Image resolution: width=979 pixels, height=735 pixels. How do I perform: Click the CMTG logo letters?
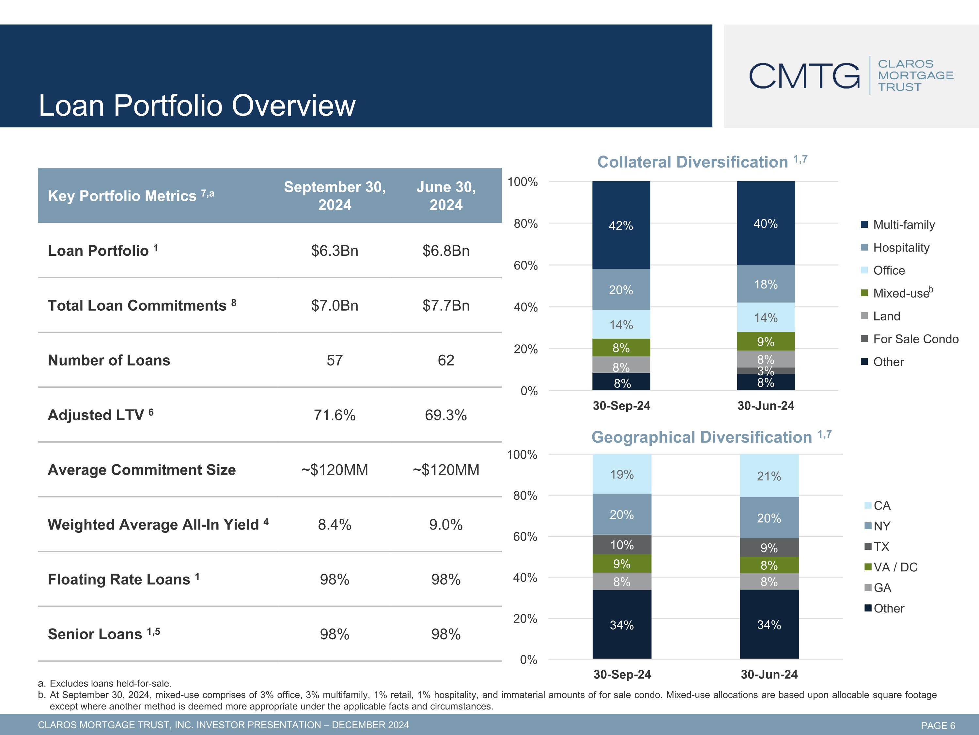coord(804,76)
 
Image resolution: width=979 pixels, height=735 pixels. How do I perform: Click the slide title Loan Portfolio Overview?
coord(197,106)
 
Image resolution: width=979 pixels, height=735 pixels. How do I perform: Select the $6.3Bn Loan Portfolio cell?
coord(334,251)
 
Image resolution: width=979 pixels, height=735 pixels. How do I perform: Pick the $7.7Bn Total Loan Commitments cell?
coord(446,306)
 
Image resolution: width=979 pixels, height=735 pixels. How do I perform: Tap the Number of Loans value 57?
coord(334,360)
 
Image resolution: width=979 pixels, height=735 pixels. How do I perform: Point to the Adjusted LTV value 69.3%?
coord(446,415)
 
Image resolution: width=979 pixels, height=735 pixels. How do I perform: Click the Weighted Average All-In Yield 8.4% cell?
coord(334,525)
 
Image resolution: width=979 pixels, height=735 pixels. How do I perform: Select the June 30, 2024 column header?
coord(446,196)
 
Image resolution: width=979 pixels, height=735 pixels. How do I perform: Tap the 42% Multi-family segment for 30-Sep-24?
coord(621,225)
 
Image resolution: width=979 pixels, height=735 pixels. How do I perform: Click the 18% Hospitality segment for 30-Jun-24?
coord(766,284)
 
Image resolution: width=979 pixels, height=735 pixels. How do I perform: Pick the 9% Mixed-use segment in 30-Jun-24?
coord(766,341)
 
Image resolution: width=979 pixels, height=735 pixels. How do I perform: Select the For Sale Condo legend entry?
coord(910,339)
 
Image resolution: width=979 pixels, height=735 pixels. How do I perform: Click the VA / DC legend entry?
coord(891,567)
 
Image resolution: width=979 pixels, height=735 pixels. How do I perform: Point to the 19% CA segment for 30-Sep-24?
coord(622,474)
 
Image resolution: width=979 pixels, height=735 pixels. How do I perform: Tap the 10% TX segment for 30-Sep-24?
coord(622,545)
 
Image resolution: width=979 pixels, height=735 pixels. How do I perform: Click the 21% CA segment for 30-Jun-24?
coord(769,476)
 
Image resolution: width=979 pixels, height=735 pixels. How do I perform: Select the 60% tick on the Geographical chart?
coord(525,536)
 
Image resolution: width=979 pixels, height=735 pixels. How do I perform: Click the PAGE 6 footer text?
coord(938,725)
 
